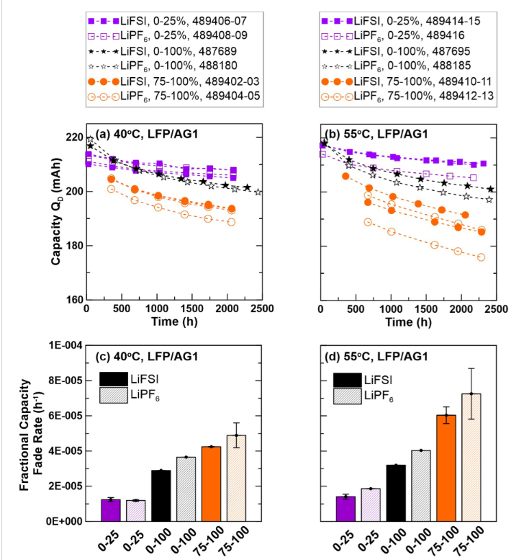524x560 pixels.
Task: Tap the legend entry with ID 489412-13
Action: (x=400, y=98)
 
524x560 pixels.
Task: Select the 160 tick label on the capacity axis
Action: (x=72, y=300)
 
